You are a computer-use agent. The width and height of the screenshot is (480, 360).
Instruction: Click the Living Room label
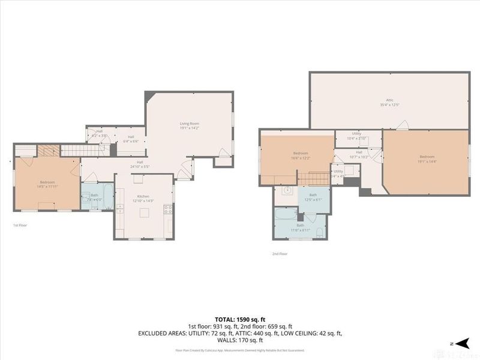(x=189, y=124)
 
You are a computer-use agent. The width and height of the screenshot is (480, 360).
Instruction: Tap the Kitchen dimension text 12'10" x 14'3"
(x=144, y=200)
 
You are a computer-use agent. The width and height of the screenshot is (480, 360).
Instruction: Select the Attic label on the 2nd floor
(x=389, y=101)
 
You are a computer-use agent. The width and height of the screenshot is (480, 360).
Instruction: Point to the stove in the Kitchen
(x=169, y=209)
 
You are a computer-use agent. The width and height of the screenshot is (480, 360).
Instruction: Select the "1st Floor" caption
(x=20, y=225)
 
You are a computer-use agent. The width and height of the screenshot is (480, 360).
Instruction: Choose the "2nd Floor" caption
(x=279, y=254)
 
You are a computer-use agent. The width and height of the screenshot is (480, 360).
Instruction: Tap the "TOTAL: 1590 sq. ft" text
(x=240, y=319)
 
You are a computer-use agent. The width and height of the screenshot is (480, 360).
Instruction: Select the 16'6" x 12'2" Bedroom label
(x=301, y=155)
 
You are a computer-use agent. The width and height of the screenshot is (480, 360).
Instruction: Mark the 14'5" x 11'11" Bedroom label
(x=47, y=184)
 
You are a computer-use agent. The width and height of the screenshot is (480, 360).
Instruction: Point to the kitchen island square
(x=137, y=178)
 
